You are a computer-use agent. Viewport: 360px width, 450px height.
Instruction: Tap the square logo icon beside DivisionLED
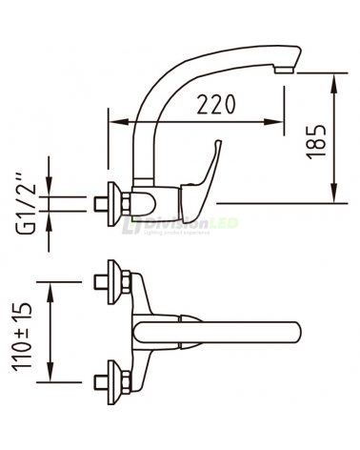coord(130,226)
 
